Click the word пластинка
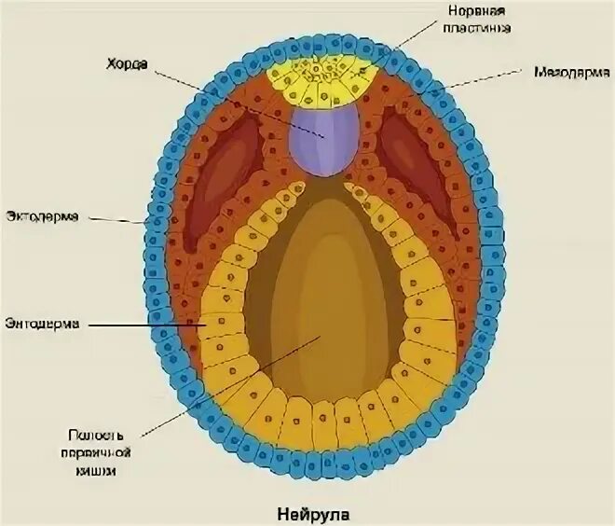(x=478, y=28)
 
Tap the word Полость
(x=95, y=435)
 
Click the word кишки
(x=98, y=470)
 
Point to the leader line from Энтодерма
(x=149, y=324)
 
